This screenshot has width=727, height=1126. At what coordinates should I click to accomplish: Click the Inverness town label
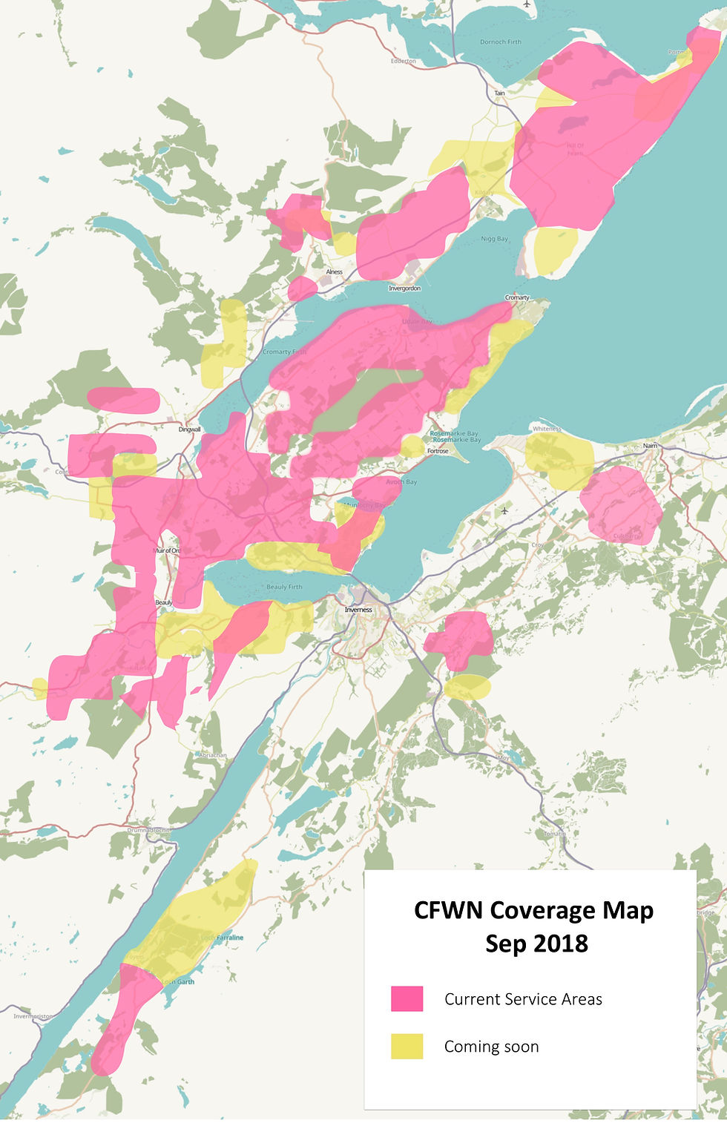(358, 610)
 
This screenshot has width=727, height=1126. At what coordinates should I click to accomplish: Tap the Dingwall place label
(190, 429)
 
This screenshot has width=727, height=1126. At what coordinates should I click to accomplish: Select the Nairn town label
(651, 446)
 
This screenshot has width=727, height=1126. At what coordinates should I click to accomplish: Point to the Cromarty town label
(517, 297)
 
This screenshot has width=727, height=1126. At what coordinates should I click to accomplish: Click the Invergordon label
(404, 288)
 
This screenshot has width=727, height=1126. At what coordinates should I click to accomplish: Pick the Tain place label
(500, 93)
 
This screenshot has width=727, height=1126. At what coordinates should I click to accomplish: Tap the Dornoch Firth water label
(501, 42)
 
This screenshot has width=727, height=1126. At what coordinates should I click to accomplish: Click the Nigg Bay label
(495, 239)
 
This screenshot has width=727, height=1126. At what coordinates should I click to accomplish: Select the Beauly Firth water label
(284, 587)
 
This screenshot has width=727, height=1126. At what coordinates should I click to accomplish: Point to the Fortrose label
(438, 451)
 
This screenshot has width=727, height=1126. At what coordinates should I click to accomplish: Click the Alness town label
(335, 271)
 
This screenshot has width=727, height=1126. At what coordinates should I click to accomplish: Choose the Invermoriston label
(33, 1016)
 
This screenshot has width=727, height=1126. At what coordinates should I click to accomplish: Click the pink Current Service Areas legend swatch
(407, 998)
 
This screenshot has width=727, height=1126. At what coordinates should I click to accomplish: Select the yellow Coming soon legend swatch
(407, 1046)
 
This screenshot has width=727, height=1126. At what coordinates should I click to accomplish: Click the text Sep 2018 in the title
(536, 943)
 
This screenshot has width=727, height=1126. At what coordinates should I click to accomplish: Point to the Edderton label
(404, 61)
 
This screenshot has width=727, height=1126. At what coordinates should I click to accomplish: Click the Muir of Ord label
(166, 550)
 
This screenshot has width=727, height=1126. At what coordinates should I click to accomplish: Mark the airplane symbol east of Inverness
(504, 510)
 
